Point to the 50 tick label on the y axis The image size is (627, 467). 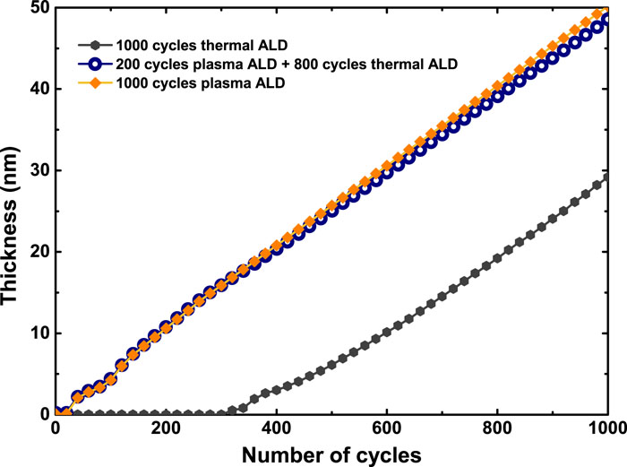(38, 9)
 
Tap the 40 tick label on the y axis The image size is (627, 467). (38, 90)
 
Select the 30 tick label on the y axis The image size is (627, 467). (38, 170)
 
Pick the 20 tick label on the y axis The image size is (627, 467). (38, 252)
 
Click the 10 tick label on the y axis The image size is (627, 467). (38, 333)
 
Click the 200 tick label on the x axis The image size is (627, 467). (166, 428)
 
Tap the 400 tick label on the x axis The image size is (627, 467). (276, 428)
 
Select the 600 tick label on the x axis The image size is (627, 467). (386, 428)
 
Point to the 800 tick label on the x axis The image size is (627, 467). (496, 428)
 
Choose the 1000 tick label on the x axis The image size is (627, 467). (603, 428)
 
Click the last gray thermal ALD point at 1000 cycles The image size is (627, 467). (607, 177)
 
